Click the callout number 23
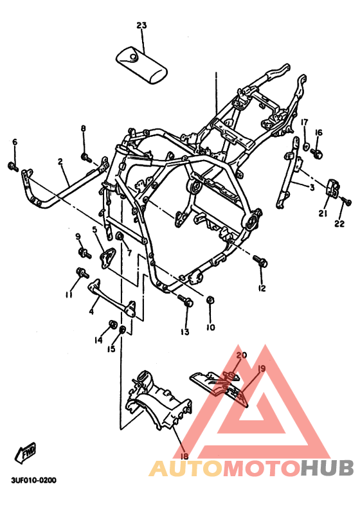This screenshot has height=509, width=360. (141, 26)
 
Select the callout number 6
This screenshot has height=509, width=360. (15, 142)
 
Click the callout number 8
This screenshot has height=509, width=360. (83, 129)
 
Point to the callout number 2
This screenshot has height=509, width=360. (60, 162)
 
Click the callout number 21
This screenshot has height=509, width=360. (323, 213)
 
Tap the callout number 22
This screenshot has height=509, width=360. (339, 224)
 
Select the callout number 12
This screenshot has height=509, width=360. (262, 289)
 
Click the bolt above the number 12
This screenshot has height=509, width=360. (260, 262)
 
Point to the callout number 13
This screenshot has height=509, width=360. (185, 332)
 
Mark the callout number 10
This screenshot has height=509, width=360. (210, 327)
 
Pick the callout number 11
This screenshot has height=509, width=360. (68, 294)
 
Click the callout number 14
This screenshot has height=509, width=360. (99, 339)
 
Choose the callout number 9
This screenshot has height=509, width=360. (78, 237)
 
